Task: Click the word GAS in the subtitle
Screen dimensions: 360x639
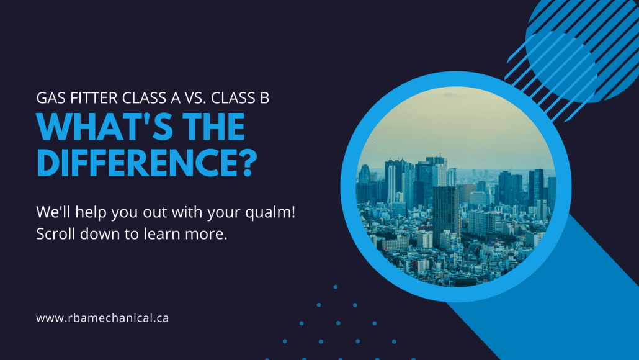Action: click(x=48, y=97)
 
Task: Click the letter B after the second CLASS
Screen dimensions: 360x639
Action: click(x=264, y=97)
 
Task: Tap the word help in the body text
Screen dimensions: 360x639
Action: click(x=88, y=212)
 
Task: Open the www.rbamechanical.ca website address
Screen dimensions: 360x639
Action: click(x=102, y=318)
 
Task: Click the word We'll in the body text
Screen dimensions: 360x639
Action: click(x=51, y=212)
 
